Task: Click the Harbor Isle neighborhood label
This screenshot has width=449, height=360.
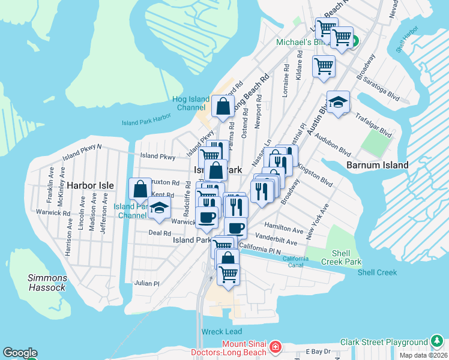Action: point(89,185)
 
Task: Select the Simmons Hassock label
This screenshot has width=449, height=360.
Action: point(46,283)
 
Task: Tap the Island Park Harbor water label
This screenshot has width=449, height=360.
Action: point(146,122)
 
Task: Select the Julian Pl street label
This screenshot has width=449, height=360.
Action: point(147,283)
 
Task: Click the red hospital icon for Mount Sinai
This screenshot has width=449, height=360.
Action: point(275,346)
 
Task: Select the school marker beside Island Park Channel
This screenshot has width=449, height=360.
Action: point(159,208)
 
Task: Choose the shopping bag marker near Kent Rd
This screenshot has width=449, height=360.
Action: point(140,189)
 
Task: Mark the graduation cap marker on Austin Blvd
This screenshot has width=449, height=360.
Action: point(338,101)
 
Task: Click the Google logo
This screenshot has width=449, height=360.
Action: point(20,353)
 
